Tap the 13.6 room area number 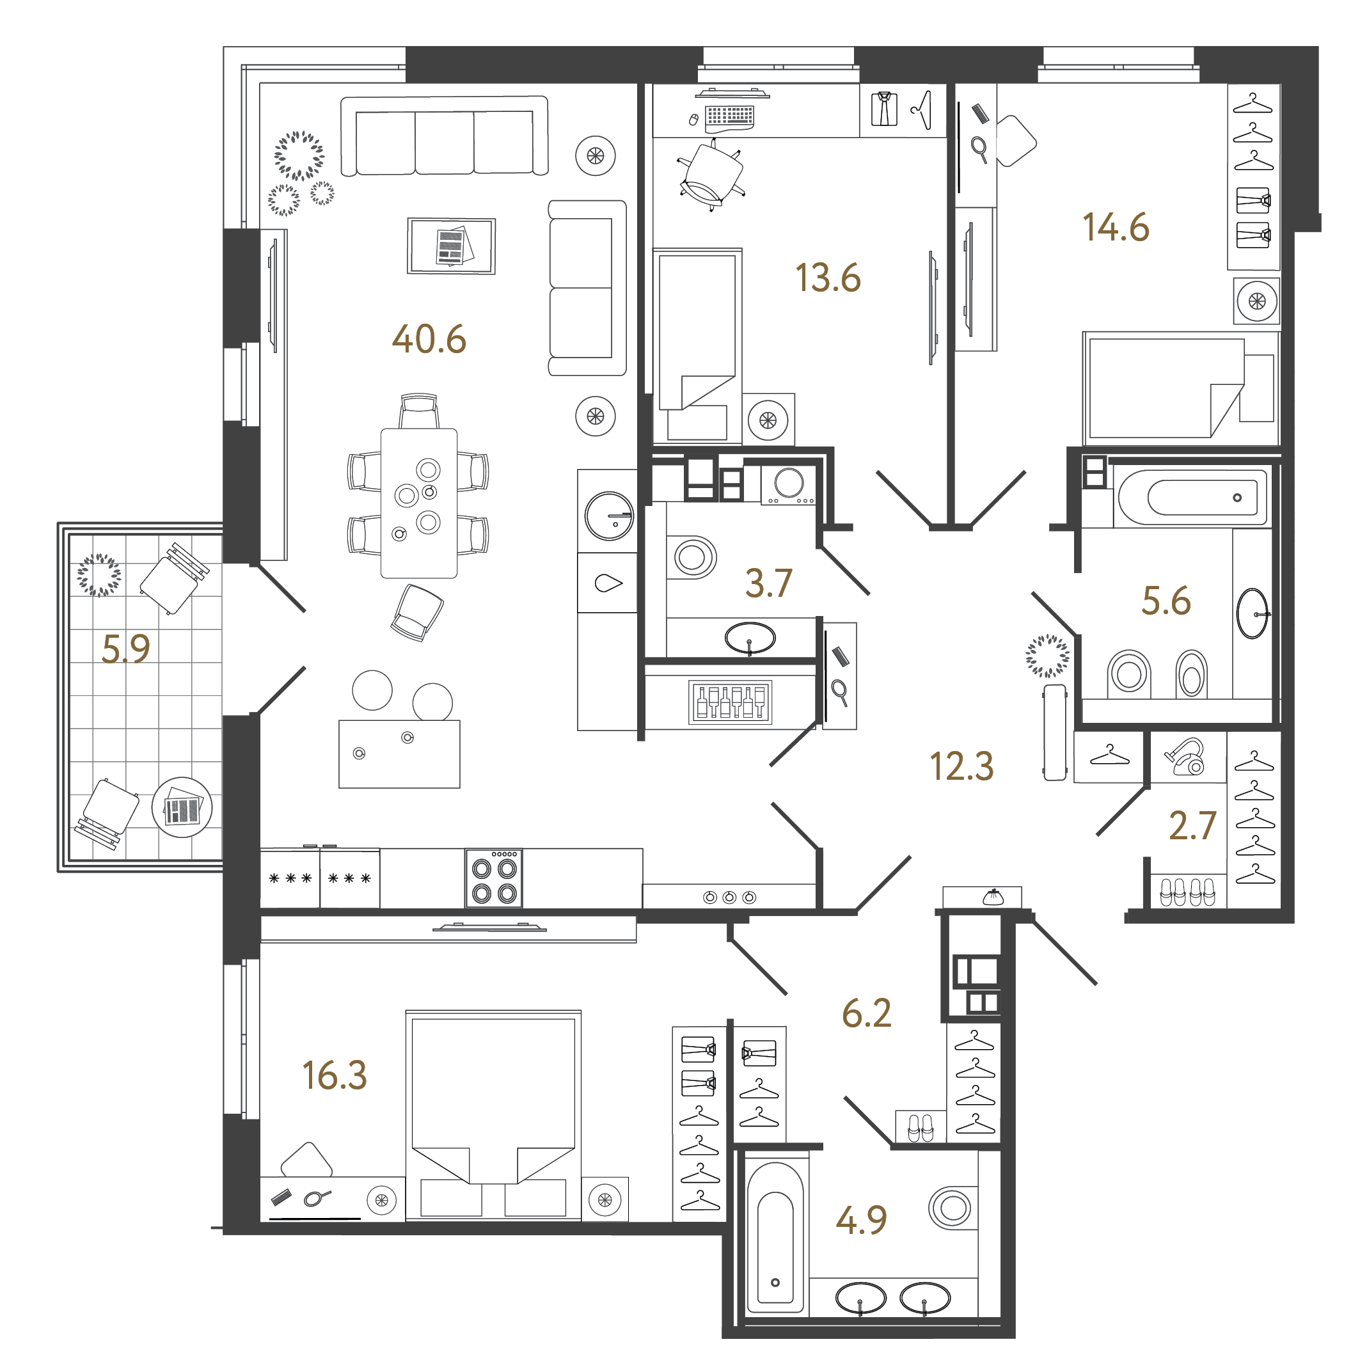[828, 278]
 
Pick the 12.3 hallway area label [961, 766]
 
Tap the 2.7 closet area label [1192, 826]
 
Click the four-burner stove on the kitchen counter [493, 877]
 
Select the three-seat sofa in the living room [444, 136]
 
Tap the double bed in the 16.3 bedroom [493, 1116]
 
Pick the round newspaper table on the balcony [182, 807]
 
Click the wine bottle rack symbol [730, 702]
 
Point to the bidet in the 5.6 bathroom [1191, 674]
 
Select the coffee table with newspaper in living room [451, 246]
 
